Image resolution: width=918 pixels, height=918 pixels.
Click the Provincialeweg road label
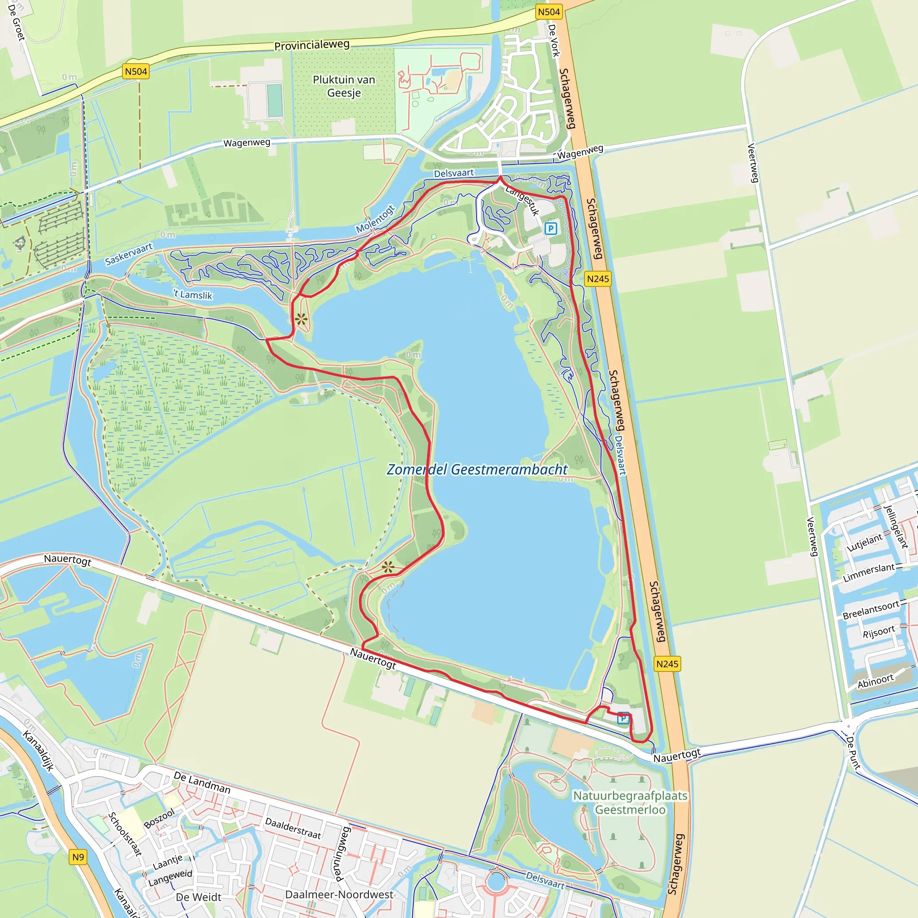click(x=312, y=45)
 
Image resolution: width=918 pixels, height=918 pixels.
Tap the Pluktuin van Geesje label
click(x=344, y=86)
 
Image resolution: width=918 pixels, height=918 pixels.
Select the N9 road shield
click(x=78, y=857)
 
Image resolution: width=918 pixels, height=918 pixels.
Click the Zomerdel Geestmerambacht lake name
click(x=476, y=469)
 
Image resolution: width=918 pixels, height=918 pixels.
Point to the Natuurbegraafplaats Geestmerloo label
click(x=630, y=802)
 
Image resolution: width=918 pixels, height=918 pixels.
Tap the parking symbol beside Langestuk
click(x=551, y=229)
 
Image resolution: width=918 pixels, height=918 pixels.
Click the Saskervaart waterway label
click(x=129, y=254)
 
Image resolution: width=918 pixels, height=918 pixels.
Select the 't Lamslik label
click(x=193, y=294)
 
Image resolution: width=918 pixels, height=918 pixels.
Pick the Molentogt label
click(x=375, y=219)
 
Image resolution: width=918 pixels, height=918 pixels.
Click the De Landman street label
click(x=202, y=783)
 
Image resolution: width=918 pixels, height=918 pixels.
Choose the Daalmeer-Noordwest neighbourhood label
click(x=339, y=894)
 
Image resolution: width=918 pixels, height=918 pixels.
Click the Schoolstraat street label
click(x=125, y=834)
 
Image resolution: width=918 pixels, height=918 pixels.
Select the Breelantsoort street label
click(x=871, y=610)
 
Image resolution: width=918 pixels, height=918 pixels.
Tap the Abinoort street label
click(x=875, y=681)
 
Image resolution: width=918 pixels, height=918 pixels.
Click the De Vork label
click(x=554, y=40)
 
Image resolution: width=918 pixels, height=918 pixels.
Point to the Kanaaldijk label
click(x=39, y=751)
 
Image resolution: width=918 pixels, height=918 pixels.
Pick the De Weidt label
click(x=199, y=897)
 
